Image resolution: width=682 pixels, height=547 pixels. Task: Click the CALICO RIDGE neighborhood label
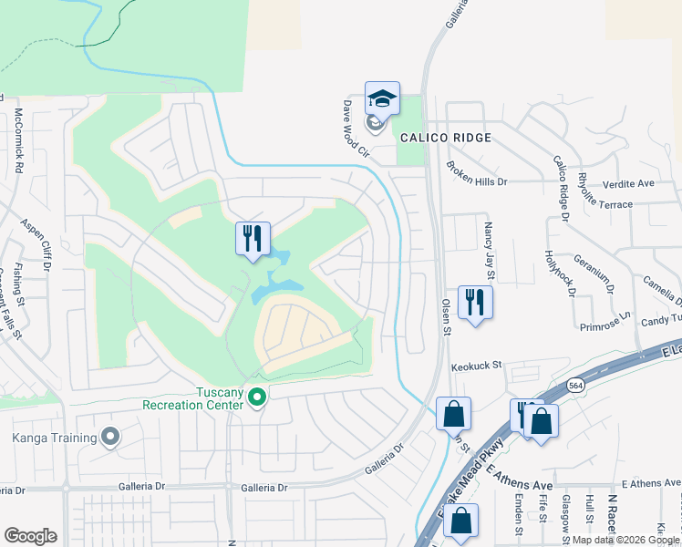pyautogui.click(x=446, y=138)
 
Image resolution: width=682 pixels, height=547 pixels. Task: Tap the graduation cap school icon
pyautogui.click(x=383, y=98)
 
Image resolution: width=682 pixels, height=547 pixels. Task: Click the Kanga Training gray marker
pyautogui.click(x=110, y=438)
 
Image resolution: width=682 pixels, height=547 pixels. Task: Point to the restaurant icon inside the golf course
pyautogui.click(x=253, y=239)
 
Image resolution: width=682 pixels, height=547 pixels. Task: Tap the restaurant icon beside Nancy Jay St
pyautogui.click(x=475, y=302)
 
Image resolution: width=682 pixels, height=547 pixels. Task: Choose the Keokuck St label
pyautogui.click(x=477, y=366)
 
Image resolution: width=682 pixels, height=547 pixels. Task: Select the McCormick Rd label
pyautogui.click(x=18, y=141)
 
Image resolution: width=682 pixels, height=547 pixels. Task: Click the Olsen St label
pyautogui.click(x=447, y=315)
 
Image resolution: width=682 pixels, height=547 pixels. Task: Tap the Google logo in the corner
pyautogui.click(x=31, y=535)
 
